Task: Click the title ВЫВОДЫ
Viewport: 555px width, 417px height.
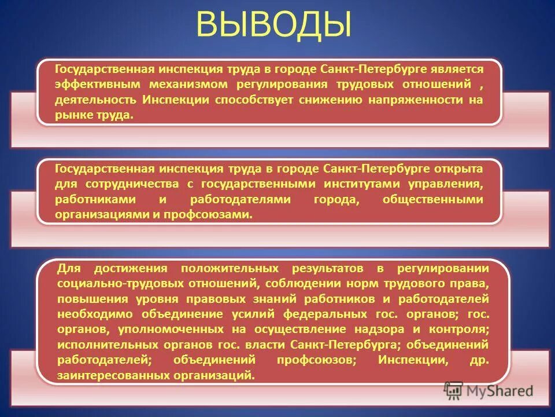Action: pyautogui.click(x=274, y=25)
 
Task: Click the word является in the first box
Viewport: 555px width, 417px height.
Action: pyautogui.click(x=456, y=69)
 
